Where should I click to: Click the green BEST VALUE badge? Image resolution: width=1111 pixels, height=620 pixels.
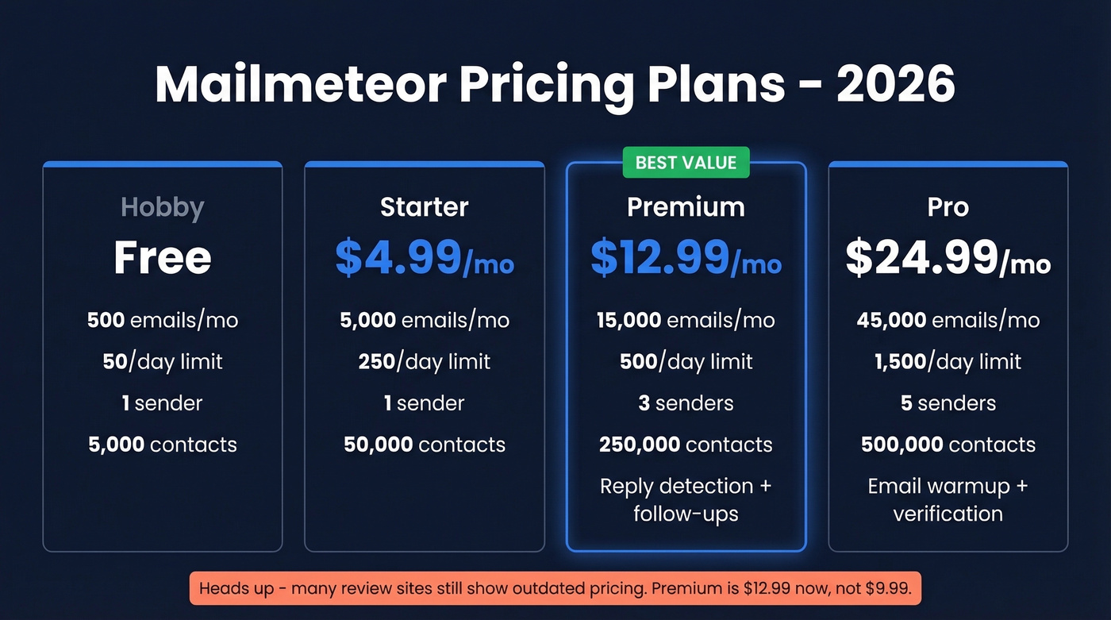click(686, 163)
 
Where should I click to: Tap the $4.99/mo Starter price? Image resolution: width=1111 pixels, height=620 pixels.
click(425, 257)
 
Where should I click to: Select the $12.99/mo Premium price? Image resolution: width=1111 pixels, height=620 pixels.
click(686, 257)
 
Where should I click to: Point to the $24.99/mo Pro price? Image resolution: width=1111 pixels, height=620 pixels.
click(948, 257)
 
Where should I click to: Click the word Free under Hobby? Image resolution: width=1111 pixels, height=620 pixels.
click(163, 257)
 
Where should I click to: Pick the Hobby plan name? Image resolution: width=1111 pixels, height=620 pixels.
click(163, 207)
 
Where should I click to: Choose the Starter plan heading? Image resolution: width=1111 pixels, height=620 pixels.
click(425, 207)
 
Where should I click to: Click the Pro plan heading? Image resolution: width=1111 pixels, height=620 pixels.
click(948, 207)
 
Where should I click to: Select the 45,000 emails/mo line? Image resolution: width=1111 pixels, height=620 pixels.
click(948, 320)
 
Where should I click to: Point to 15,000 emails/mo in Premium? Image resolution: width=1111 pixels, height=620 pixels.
click(686, 320)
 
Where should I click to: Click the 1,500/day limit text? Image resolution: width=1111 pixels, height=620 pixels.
click(948, 362)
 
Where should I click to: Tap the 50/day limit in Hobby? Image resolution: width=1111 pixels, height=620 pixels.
click(163, 362)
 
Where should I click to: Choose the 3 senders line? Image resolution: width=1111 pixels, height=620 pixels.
click(686, 403)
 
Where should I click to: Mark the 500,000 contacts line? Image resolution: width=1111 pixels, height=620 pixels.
click(948, 445)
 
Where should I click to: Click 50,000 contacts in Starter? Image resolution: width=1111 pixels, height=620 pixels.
click(425, 445)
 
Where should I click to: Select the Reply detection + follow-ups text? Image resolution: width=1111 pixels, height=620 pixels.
click(686, 499)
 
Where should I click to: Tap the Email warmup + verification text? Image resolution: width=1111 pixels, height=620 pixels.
click(948, 499)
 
